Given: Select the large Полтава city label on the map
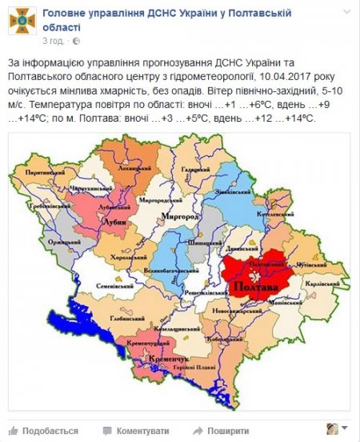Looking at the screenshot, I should click(252, 286).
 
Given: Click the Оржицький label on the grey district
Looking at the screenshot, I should click(42, 240).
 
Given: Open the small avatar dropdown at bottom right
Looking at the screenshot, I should click(336, 428).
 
